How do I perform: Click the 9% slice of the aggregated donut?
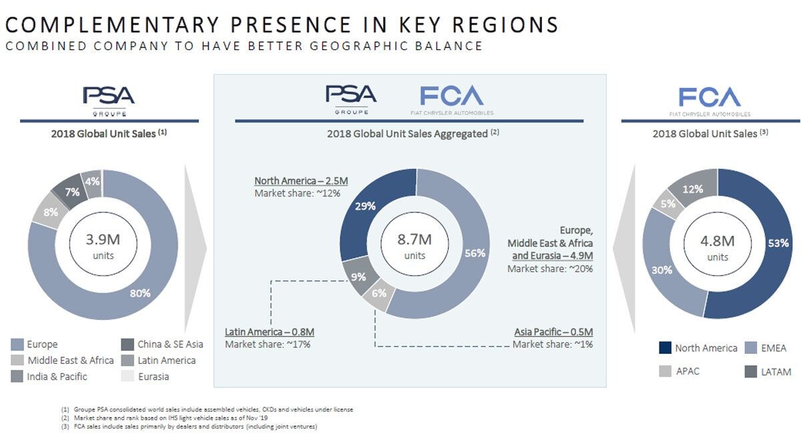(x=358, y=276)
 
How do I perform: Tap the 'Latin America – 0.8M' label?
(x=270, y=332)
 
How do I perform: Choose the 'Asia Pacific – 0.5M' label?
(x=553, y=332)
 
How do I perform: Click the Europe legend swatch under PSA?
(x=17, y=345)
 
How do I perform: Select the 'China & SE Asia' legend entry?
(x=170, y=345)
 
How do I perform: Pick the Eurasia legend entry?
(x=154, y=376)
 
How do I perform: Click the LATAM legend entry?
(x=776, y=371)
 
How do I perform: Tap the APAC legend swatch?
(x=665, y=371)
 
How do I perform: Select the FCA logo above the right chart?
(x=710, y=98)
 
